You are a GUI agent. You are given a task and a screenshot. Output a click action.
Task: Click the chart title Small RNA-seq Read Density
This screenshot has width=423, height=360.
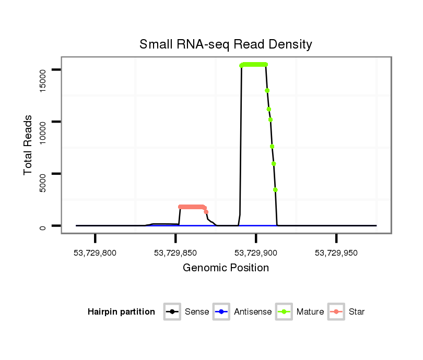(226, 44)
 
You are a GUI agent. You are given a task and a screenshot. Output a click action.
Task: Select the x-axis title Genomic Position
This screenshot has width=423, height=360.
(226, 268)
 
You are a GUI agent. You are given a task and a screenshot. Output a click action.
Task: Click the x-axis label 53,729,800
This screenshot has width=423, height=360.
(95, 253)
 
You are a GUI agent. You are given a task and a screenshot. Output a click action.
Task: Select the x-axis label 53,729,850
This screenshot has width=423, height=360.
(175, 253)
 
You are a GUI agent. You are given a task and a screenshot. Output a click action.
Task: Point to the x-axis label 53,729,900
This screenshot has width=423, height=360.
(256, 253)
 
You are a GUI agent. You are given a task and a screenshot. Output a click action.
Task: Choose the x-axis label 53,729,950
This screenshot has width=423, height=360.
(336, 253)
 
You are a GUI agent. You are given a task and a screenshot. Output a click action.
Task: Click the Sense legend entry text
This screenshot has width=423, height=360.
(197, 312)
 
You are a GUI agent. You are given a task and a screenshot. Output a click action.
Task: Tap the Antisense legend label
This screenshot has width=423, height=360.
(253, 312)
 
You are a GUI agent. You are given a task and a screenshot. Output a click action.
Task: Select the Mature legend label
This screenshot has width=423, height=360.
(310, 312)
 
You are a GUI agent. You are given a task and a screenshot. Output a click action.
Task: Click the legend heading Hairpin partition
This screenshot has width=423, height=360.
(121, 312)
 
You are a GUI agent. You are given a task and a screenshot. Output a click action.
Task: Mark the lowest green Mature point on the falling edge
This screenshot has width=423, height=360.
(275, 190)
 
